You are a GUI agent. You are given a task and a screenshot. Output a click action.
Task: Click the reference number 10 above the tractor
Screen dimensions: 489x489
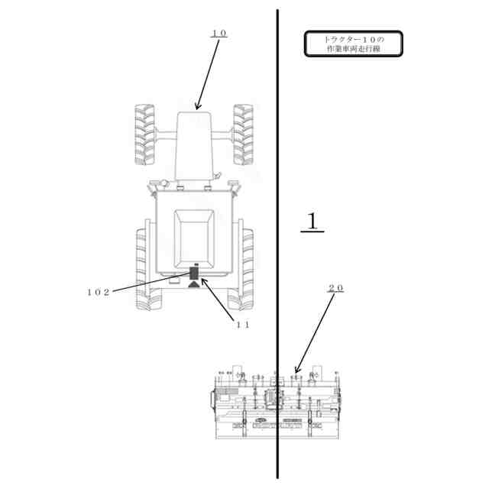[219, 34]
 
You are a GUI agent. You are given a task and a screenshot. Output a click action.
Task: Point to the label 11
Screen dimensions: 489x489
[243, 324]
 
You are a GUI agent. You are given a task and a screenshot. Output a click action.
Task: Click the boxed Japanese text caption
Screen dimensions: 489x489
[353, 44]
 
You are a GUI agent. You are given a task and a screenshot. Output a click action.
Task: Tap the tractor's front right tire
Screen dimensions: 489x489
[243, 134]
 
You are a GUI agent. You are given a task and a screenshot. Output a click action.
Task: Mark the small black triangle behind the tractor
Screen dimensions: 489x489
[193, 284]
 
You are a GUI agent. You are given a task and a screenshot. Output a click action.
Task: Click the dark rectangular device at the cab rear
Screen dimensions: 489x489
[194, 273]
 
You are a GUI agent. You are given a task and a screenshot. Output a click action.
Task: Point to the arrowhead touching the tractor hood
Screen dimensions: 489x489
[197, 107]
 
